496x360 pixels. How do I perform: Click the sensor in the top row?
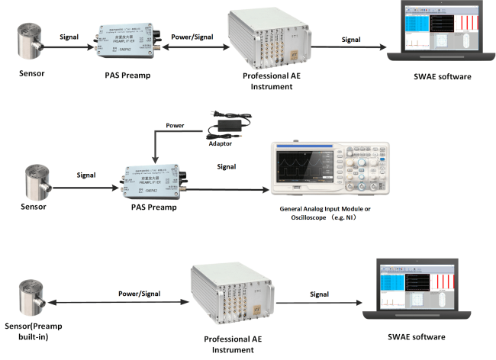(30, 43)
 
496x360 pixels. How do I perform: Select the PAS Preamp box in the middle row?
(150, 175)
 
